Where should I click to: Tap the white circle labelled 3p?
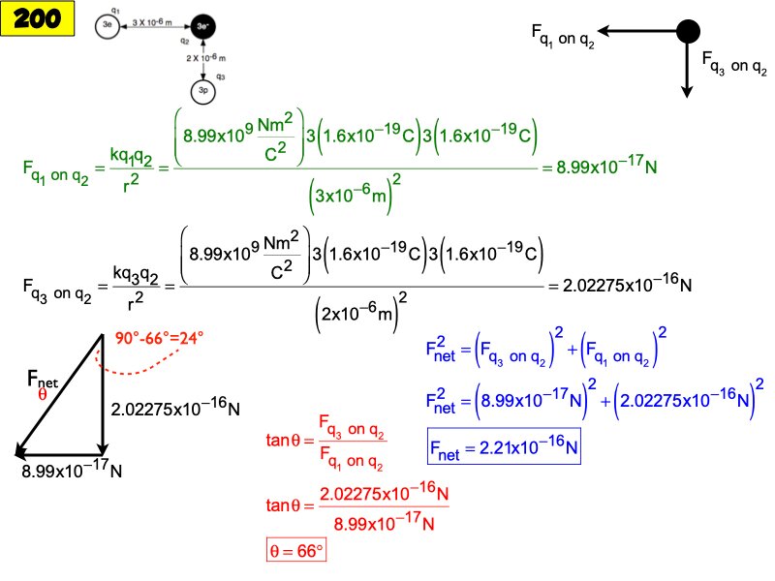pyautogui.click(x=202, y=92)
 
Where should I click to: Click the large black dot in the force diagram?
pyautogui.click(x=687, y=31)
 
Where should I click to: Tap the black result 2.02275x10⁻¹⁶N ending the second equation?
pyautogui.click(x=619, y=287)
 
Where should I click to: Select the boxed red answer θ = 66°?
pyautogui.click(x=295, y=550)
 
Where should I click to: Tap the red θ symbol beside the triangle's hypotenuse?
pyautogui.click(x=42, y=395)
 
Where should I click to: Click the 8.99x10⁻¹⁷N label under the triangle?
pyautogui.click(x=72, y=473)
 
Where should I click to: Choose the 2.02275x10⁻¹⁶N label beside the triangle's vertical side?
pyautogui.click(x=175, y=409)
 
